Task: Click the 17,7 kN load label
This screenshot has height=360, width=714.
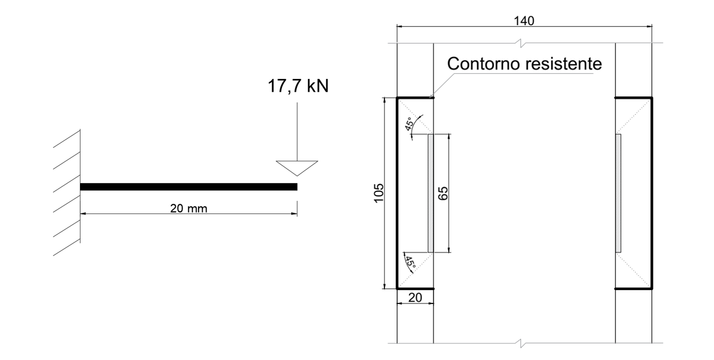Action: pyautogui.click(x=297, y=86)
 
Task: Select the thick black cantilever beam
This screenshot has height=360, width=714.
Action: pyautogui.click(x=189, y=187)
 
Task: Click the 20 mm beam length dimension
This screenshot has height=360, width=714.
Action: pyautogui.click(x=189, y=208)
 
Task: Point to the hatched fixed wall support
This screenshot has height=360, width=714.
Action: pyautogui.click(x=67, y=193)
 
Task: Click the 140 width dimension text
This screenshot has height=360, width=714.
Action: pyautogui.click(x=524, y=21)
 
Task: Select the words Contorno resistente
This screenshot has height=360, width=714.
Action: pyautogui.click(x=524, y=64)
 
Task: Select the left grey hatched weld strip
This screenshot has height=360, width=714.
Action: pyautogui.click(x=431, y=193)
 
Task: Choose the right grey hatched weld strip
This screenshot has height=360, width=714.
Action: pyautogui.click(x=618, y=193)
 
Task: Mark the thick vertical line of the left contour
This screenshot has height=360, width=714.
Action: pyautogui.click(x=397, y=193)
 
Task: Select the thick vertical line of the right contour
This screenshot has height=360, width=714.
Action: pyautogui.click(x=652, y=193)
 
